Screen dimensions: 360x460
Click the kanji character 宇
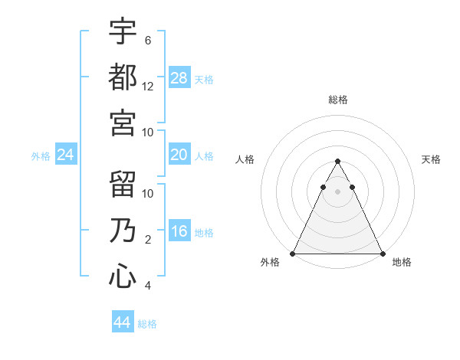pyautogui.click(x=123, y=31)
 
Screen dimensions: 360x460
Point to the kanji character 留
pyautogui.click(x=123, y=184)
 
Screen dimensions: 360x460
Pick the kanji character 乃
pyautogui.click(x=123, y=230)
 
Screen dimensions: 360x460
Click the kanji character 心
pyautogui.click(x=123, y=276)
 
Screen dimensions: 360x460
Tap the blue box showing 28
pyautogui.click(x=179, y=77)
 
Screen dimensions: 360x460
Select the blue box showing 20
pyautogui.click(x=179, y=155)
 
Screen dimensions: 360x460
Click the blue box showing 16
pyautogui.click(x=179, y=232)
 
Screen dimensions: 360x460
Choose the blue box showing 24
pyautogui.click(x=66, y=155)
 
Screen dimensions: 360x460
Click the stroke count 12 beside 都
pyautogui.click(x=148, y=87)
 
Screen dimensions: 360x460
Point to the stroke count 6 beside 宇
pyautogui.click(x=148, y=41)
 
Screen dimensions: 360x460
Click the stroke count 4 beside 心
pyautogui.click(x=148, y=286)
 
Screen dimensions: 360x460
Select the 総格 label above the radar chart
pyautogui.click(x=338, y=100)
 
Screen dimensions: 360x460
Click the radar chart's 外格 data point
pyautogui.click(x=294, y=254)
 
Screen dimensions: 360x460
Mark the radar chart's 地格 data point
pyautogui.click(x=382, y=254)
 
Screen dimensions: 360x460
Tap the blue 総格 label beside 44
pyautogui.click(x=147, y=324)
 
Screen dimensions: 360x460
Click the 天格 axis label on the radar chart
pyautogui.click(x=431, y=159)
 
